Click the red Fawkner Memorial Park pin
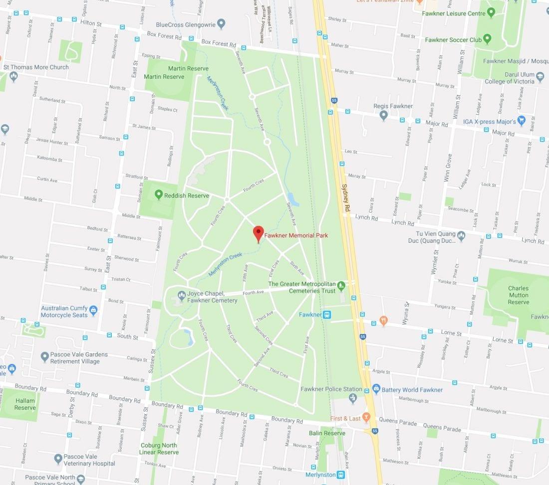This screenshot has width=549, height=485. pos(258,233)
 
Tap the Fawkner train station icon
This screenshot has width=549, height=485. pos(327,315)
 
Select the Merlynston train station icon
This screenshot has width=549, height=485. pos(340,475)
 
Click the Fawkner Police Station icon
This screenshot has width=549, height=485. pos(353,397)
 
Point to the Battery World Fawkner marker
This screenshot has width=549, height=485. pos(376,389)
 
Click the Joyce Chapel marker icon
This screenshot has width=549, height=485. pos(180,297)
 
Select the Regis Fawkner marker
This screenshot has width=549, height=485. pos(383,115)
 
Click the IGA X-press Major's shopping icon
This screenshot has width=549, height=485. pos(522,120)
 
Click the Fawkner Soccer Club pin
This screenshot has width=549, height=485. pos(488,39)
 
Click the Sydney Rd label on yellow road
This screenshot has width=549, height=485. pos(345,199)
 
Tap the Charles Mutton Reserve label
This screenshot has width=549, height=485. pos(518,295)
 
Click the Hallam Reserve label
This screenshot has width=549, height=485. pos(24,404)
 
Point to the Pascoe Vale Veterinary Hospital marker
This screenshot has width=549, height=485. pos(58,458)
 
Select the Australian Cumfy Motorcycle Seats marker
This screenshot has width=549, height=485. pos(93,310)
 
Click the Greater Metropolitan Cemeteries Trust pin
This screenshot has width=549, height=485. pos(341,286)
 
